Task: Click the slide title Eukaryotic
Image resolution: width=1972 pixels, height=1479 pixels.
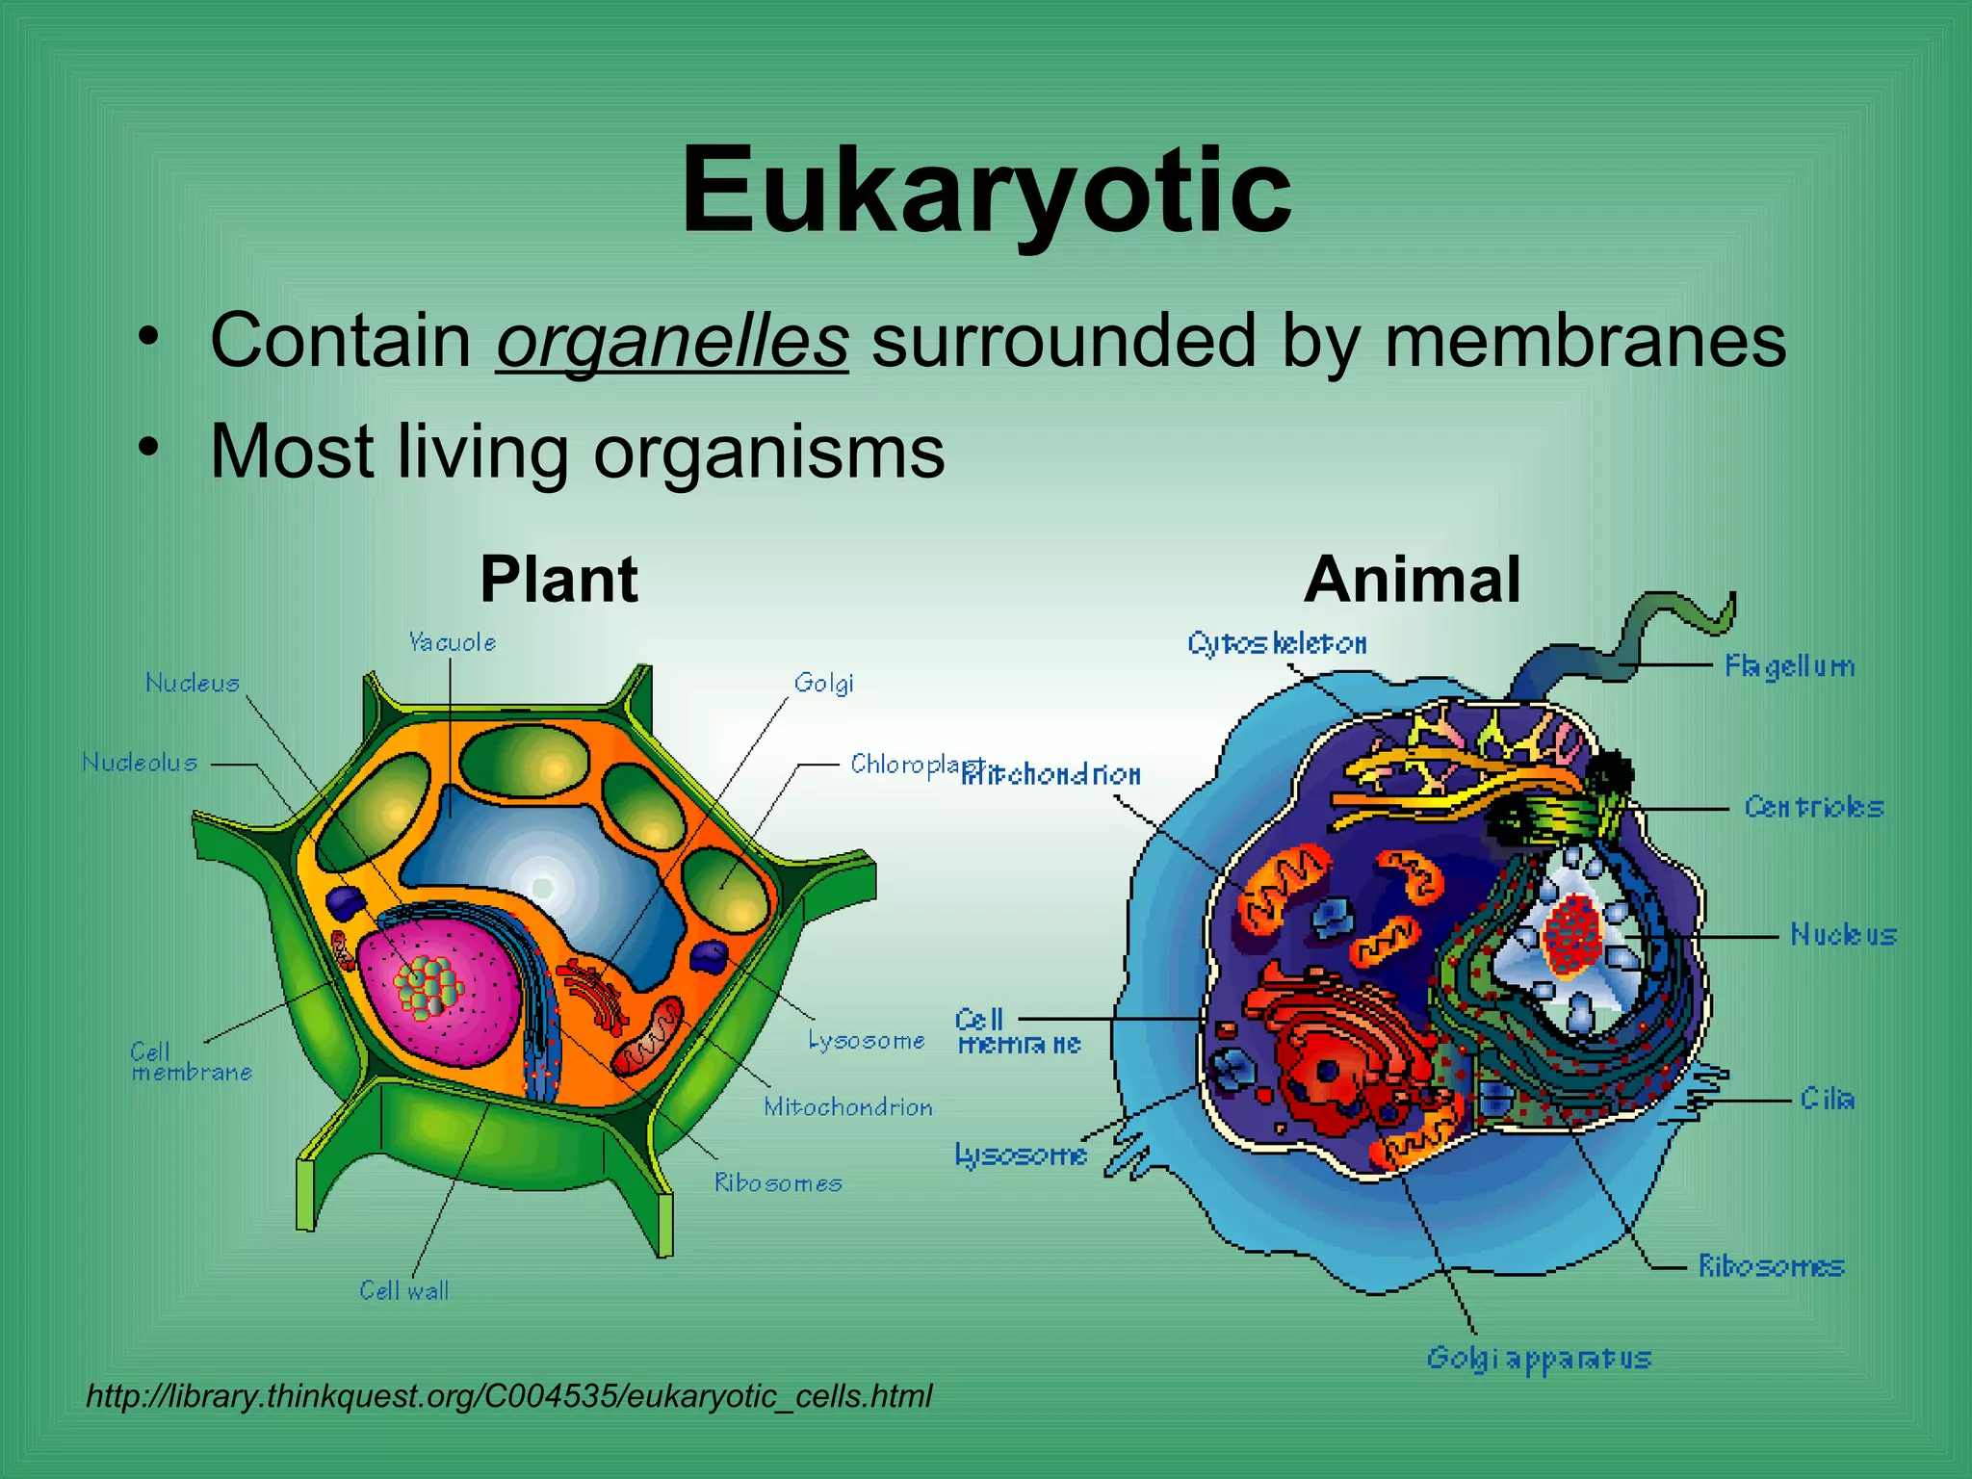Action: [x=985, y=190]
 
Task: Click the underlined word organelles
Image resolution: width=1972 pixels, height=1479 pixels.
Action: [x=672, y=341]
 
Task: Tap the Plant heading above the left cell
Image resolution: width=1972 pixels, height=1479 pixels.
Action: [x=558, y=580]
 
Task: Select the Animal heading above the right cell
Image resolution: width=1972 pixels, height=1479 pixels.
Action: [x=1412, y=580]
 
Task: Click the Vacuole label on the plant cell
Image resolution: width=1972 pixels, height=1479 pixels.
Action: [x=452, y=642]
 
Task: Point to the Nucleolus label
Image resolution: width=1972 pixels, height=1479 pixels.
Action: [x=140, y=763]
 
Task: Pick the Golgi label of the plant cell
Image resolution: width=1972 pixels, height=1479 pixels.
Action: [x=823, y=684]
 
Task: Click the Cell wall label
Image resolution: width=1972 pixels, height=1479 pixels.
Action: [x=403, y=1290]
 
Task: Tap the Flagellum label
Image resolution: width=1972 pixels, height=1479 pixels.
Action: [x=1789, y=666]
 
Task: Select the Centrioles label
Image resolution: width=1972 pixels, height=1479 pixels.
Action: [x=1813, y=807]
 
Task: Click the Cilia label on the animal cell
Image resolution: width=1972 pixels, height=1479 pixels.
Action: [x=1827, y=1099]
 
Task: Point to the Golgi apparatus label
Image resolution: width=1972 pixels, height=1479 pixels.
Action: [x=1538, y=1359]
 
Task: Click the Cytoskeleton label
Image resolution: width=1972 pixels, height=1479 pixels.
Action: [x=1276, y=643]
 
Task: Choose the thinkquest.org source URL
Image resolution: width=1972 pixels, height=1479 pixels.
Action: [x=508, y=1396]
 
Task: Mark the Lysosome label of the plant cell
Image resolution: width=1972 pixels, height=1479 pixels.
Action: [x=866, y=1041]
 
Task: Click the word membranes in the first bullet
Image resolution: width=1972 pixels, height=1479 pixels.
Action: [x=1585, y=341]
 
